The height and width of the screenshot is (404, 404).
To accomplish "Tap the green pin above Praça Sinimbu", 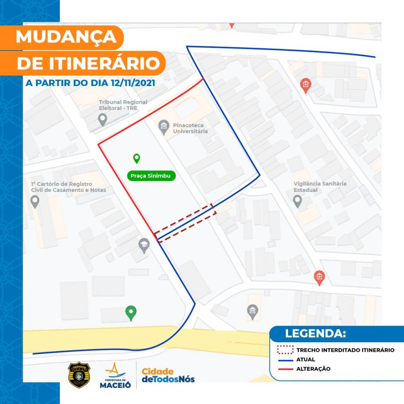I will click(x=137, y=158).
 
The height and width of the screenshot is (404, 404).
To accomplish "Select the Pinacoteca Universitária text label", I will click(x=190, y=128).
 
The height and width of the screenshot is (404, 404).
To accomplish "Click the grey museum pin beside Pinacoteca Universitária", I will click(x=163, y=127).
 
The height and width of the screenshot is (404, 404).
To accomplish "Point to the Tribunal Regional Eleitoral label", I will click(x=123, y=105).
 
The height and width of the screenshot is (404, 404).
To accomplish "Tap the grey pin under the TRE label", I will click(x=103, y=120).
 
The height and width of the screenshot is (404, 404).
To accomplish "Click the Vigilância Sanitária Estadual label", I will click(x=320, y=187).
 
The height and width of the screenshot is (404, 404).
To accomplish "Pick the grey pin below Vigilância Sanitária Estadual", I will click(x=297, y=200).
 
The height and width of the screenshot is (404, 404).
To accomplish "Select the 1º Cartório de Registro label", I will click(x=68, y=187).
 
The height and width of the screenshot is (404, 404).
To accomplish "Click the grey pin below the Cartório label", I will click(x=35, y=201).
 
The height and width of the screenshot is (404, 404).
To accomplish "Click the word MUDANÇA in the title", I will click(x=66, y=37).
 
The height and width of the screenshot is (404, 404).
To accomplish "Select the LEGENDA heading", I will click(x=315, y=334).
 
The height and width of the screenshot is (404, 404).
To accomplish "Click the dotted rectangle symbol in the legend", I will click(x=285, y=350).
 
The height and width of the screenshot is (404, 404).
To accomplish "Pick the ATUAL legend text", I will click(x=305, y=359).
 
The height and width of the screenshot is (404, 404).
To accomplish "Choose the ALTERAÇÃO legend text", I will click(x=313, y=369).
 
